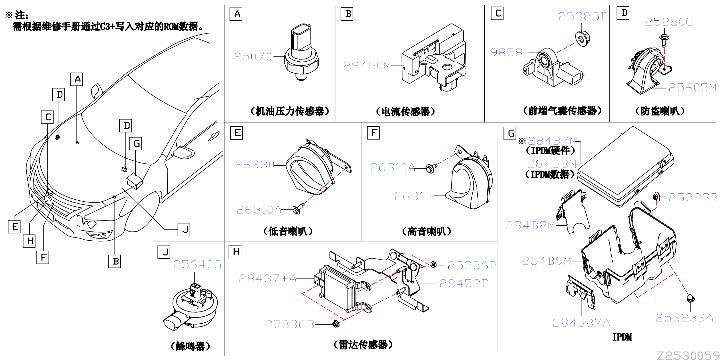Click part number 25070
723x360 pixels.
click(x=253, y=57)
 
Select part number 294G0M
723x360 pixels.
click(x=367, y=66)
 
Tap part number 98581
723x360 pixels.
click(x=509, y=52)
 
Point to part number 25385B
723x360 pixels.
click(x=583, y=16)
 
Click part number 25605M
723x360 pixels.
click(x=692, y=88)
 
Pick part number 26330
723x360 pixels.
click(x=254, y=164)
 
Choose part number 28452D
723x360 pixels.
click(x=464, y=283)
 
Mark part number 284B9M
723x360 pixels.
click(x=546, y=261)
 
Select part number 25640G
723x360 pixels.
click(x=197, y=264)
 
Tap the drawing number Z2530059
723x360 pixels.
click(x=689, y=355)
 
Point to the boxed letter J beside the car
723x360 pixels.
click(x=184, y=229)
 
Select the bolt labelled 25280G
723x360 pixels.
click(x=664, y=40)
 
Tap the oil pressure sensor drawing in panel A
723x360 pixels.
click(x=301, y=52)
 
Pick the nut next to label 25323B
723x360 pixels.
click(x=656, y=197)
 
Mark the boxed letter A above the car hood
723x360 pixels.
click(x=76, y=79)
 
